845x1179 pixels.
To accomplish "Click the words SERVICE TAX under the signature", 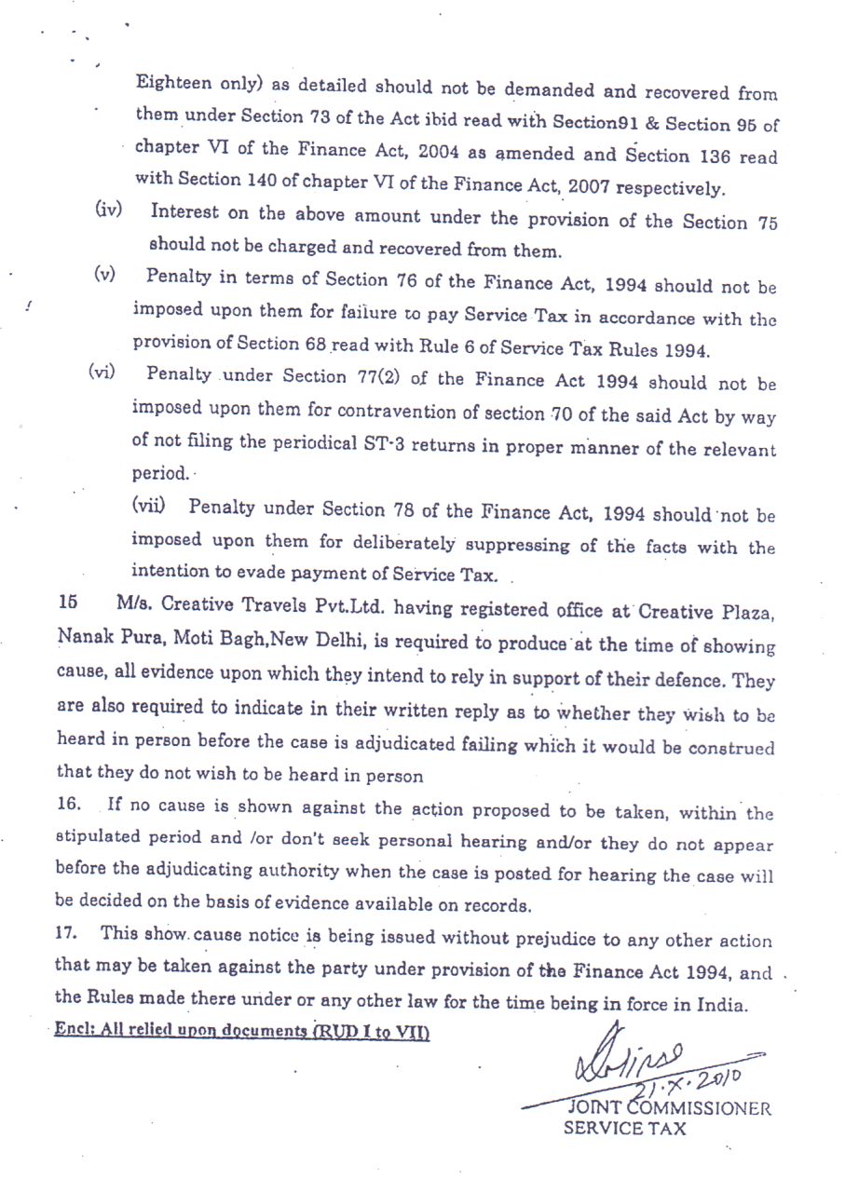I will tap(625, 1130).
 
